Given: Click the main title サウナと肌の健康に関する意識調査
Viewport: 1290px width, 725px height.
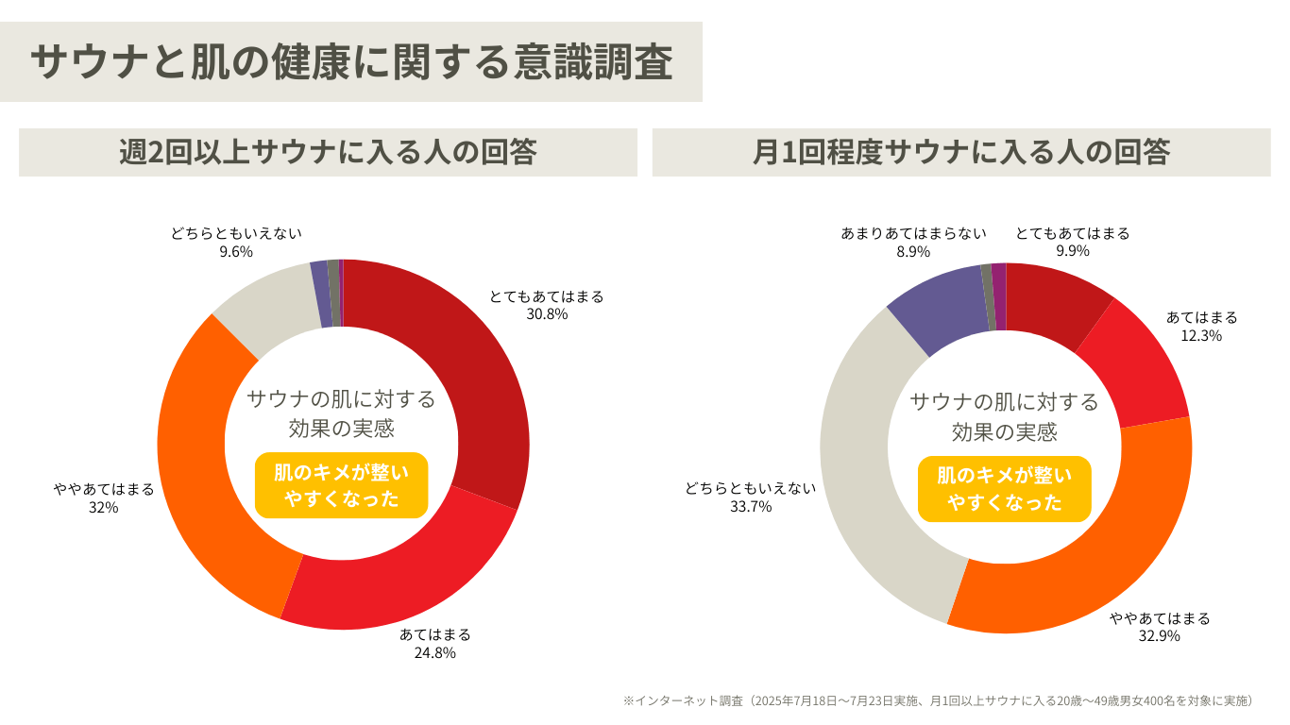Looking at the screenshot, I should coord(351,62).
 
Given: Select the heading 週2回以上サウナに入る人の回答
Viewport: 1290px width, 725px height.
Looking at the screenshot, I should coord(328,152).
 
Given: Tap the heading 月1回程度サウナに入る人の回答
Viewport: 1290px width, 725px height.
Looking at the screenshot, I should coord(961,152).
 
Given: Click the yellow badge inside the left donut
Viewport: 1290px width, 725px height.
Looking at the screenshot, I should coord(341,485).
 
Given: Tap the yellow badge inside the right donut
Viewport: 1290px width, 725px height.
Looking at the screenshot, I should coord(1004,489).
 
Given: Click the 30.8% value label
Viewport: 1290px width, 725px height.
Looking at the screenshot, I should coord(547,314).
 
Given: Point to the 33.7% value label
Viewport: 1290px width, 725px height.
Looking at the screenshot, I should coord(751,506).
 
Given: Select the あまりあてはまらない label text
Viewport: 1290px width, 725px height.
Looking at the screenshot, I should coord(913,233).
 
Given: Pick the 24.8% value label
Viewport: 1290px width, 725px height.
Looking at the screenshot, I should coord(434,652).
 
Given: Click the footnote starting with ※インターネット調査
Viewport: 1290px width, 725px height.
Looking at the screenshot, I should coord(941,700).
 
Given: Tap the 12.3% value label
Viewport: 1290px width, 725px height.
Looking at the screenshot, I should coord(1201,335).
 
